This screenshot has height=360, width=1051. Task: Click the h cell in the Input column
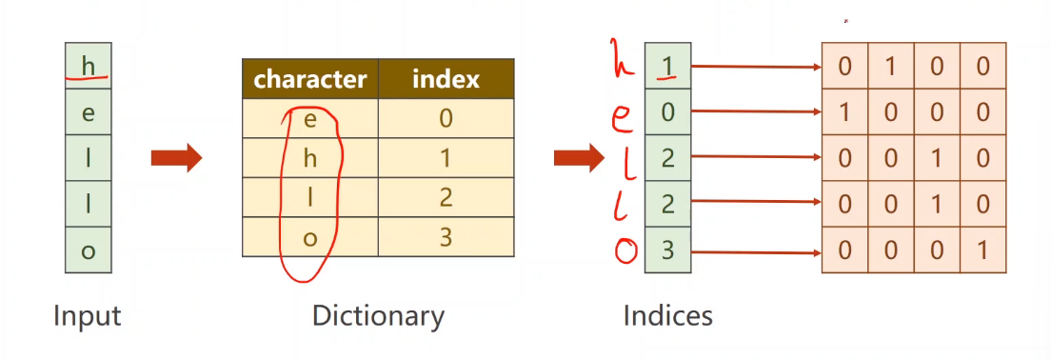click(x=89, y=66)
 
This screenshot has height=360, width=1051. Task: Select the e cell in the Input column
click(x=89, y=112)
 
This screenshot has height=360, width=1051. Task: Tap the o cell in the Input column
click(x=89, y=250)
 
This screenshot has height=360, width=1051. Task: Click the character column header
click(x=310, y=79)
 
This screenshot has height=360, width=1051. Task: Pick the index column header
click(x=446, y=79)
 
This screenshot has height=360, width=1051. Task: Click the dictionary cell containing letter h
click(x=310, y=158)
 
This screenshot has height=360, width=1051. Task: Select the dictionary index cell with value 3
click(x=446, y=236)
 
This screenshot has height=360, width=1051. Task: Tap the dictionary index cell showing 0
click(x=446, y=119)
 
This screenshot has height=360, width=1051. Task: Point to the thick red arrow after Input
click(x=176, y=158)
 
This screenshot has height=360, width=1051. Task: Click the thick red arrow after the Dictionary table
click(x=579, y=158)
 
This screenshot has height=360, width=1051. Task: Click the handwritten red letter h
click(x=622, y=59)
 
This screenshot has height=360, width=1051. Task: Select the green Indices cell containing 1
click(x=667, y=66)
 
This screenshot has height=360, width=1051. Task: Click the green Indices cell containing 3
click(x=667, y=250)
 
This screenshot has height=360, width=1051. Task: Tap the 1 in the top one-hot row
click(x=891, y=67)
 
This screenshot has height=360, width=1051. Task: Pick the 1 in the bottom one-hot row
click(x=983, y=250)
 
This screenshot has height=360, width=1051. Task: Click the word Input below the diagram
click(x=88, y=316)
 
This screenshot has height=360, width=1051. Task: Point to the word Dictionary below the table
click(x=378, y=316)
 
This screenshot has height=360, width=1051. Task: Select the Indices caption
click(x=667, y=316)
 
